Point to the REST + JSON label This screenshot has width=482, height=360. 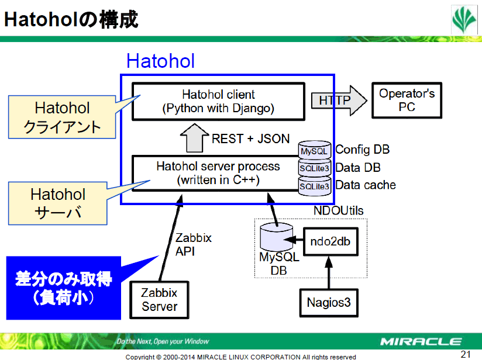click(x=250, y=139)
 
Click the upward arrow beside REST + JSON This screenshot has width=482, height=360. click(x=194, y=138)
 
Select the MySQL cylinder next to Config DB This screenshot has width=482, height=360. click(x=315, y=150)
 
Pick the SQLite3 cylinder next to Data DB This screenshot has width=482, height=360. click(x=315, y=168)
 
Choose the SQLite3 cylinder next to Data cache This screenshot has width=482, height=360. click(x=315, y=186)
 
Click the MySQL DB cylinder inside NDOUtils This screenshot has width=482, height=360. click(x=276, y=237)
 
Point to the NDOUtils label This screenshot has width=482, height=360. click(x=339, y=211)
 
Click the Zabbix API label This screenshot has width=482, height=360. click(x=194, y=244)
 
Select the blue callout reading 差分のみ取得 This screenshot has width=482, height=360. click(x=64, y=288)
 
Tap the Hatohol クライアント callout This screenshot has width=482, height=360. click(x=62, y=117)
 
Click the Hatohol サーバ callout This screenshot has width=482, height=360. click(x=58, y=203)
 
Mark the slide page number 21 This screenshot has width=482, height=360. click(x=466, y=354)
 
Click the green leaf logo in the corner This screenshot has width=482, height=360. click(x=464, y=20)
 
